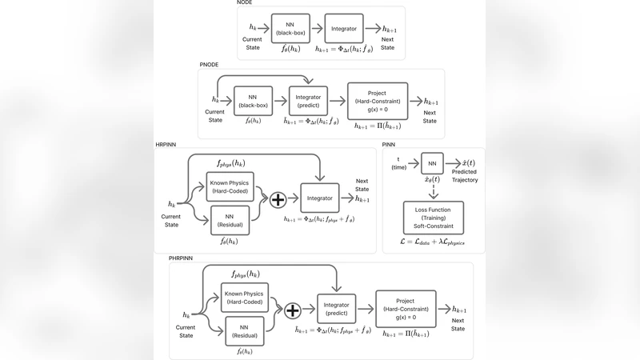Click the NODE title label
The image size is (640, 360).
245,3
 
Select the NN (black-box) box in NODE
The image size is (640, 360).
290,29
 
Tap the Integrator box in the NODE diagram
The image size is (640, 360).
343,29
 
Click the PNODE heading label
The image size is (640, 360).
210,64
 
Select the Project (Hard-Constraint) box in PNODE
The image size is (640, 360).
377,101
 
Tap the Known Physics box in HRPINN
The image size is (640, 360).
229,187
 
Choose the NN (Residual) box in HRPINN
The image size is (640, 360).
229,221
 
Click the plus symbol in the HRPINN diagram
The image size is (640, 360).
277,200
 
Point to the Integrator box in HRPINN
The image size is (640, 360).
319,199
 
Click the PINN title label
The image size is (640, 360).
390,144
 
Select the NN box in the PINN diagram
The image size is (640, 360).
432,164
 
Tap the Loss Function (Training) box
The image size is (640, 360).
432,218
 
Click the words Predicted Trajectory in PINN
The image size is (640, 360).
465,176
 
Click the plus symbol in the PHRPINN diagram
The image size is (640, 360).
293,312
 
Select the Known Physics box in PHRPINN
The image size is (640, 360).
244,297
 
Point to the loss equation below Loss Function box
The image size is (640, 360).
433,241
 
